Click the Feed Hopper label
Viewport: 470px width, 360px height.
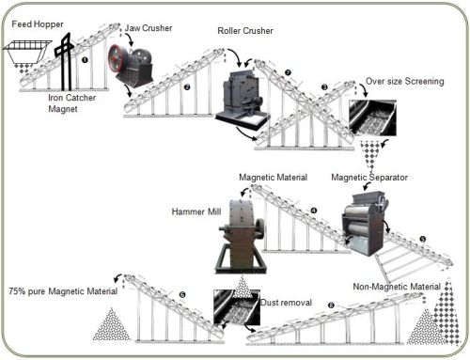(38, 24)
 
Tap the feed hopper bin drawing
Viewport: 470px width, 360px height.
(27, 52)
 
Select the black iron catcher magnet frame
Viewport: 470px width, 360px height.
(65, 60)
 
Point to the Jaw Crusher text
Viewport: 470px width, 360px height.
(149, 28)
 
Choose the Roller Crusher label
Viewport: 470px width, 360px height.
(245, 31)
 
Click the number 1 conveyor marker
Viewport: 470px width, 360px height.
(85, 59)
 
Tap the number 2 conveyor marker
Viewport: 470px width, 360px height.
(187, 86)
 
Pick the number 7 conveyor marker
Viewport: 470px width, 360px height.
(288, 72)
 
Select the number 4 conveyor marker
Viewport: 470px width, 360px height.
(314, 211)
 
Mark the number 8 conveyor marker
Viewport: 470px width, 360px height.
(331, 305)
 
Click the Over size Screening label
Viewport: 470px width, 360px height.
(405, 81)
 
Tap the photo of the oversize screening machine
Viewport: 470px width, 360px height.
(372, 117)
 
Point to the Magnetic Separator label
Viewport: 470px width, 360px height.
(369, 178)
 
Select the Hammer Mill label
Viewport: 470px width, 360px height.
(196, 211)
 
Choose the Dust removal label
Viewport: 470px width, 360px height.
(287, 303)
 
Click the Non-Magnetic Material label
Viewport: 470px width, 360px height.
(397, 287)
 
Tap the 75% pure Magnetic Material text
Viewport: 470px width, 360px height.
(63, 291)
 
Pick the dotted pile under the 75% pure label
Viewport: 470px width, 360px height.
(111, 325)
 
